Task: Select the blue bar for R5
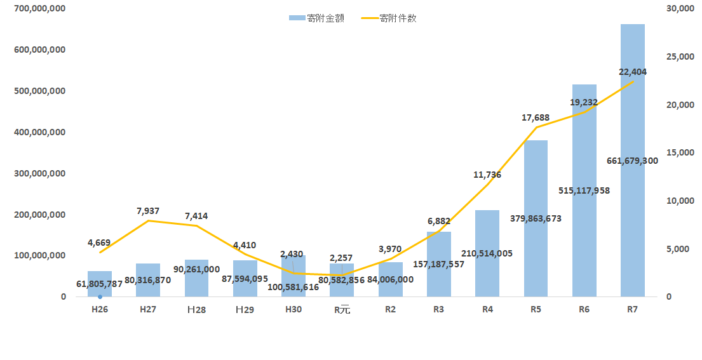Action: (536, 218)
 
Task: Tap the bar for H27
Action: (148, 280)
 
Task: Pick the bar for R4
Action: (487, 253)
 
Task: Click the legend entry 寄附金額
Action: (316, 18)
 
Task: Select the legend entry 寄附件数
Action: (389, 18)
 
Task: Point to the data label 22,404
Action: (633, 72)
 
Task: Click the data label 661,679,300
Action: (632, 161)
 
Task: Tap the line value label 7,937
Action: (148, 211)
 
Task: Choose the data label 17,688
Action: (536, 118)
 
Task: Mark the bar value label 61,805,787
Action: (99, 284)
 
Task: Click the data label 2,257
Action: (341, 258)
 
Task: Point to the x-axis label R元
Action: (342, 309)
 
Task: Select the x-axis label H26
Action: (100, 309)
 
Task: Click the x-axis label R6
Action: (584, 309)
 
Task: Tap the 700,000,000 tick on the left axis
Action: (40, 8)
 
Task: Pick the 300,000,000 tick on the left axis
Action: (40, 173)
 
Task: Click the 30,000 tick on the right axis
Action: (680, 8)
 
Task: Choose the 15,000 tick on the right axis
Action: (680, 152)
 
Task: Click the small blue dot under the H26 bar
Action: (100, 297)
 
